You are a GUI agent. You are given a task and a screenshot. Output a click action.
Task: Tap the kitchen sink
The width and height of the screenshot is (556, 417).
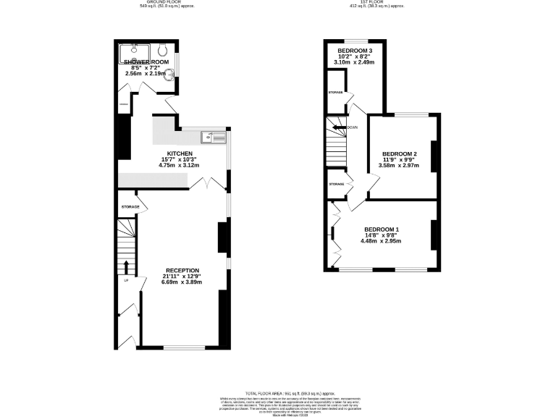coord(215,135)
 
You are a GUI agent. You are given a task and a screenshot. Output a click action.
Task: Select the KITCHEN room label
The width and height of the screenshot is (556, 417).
coord(179,154)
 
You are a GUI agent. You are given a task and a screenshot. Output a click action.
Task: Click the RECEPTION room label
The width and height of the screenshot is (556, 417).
coord(182,270)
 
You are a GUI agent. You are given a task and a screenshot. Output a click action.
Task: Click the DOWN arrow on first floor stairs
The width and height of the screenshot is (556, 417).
coord(340,127)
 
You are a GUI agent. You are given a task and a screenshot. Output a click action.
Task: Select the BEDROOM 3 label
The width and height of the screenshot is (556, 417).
coord(355,51)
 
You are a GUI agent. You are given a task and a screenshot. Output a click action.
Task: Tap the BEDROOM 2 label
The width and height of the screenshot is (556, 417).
coord(400,154)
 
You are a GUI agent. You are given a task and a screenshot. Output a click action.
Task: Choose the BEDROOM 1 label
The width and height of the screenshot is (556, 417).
coord(381,229)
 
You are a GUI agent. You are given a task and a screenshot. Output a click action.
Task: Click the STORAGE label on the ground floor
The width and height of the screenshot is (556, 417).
coord(130,208)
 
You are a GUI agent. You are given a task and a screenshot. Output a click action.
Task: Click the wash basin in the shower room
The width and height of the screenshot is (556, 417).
coord(169,72)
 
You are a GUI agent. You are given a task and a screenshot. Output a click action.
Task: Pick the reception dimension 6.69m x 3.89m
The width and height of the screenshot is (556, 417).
coord(182,282)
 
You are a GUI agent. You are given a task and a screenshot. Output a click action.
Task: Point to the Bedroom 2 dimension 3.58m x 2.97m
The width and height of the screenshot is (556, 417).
coord(400,166)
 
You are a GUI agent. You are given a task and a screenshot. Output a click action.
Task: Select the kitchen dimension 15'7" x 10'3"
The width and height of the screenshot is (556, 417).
coord(179,160)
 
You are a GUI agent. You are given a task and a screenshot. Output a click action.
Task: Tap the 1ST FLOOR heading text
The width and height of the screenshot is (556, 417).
coord(376,3)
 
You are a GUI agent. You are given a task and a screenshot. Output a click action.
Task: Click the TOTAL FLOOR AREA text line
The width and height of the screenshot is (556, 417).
coord(278,390)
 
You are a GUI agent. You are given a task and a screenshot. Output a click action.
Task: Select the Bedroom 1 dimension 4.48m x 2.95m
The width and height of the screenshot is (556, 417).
coord(381,241)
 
